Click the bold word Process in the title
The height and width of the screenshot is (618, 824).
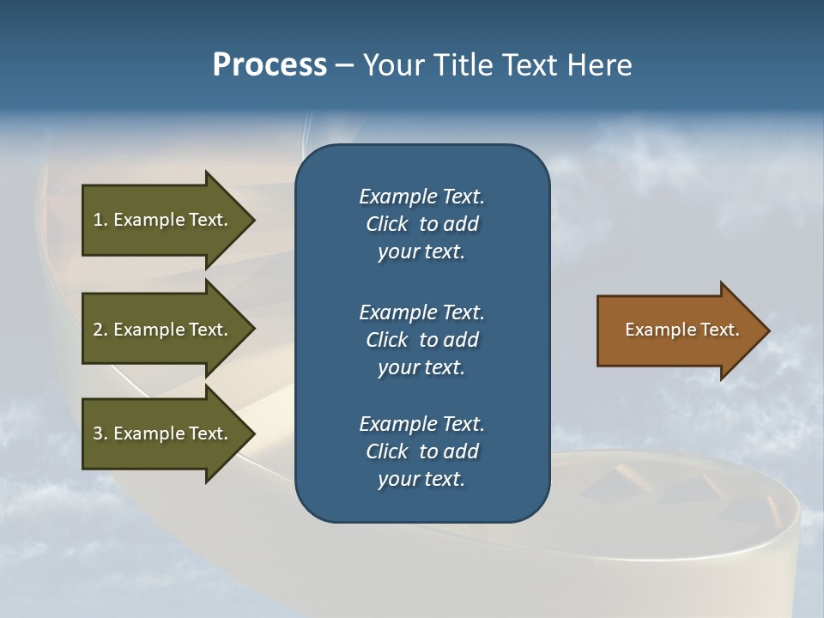270,65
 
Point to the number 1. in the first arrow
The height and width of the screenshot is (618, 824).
100,220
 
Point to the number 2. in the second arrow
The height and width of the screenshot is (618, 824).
100,330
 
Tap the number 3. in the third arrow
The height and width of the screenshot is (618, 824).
100,433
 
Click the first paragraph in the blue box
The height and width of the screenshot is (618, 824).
421,224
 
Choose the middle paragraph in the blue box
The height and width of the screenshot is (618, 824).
421,340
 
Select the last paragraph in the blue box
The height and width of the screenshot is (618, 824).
421,451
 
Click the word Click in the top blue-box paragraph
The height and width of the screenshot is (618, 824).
386,224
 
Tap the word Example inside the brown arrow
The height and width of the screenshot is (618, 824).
654,330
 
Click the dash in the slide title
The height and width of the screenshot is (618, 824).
345,65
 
